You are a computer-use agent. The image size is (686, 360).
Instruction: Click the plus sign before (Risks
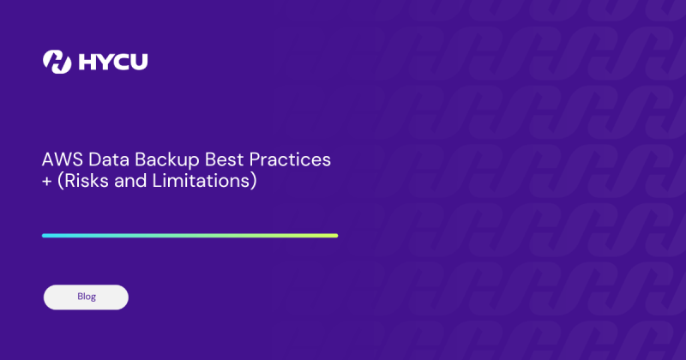[x=47, y=182]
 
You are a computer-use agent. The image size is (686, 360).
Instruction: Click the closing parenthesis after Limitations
[x=254, y=182]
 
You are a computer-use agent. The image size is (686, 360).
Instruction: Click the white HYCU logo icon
[x=57, y=62]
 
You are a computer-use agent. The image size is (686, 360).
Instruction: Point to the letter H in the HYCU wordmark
[x=87, y=62]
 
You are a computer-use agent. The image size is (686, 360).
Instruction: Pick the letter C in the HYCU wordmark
[x=124, y=62]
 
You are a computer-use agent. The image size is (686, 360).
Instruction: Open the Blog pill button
[x=86, y=297]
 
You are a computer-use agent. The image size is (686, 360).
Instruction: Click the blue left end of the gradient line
[x=46, y=235]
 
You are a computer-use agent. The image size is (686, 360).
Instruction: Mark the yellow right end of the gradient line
[x=334, y=235]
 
